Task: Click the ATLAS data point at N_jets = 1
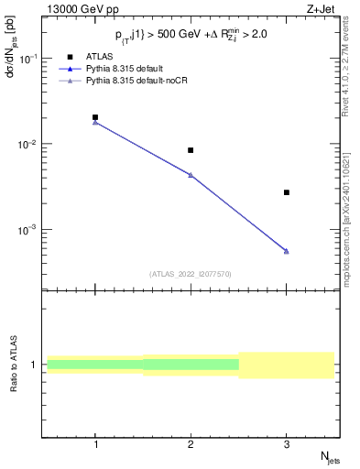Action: tap(95, 117)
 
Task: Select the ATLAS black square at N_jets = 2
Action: tap(191, 150)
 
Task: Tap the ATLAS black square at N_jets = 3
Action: tap(287, 192)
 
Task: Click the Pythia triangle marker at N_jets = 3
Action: tap(287, 251)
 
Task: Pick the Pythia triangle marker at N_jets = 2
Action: tap(191, 175)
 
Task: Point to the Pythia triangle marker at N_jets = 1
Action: tap(95, 122)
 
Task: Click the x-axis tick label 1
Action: tap(95, 443)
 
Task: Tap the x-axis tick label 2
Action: tap(191, 443)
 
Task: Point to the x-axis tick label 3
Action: tap(287, 443)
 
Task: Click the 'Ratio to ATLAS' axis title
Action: tap(12, 365)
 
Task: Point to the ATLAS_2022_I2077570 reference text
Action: tap(191, 273)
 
